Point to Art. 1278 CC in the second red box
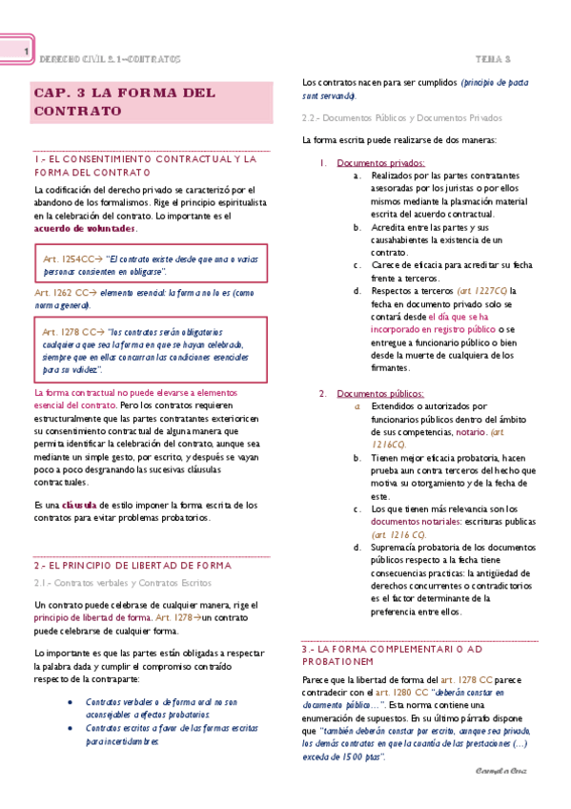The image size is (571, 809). [x=68, y=331]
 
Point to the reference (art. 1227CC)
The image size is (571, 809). [x=482, y=291]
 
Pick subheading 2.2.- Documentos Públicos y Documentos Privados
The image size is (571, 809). [x=395, y=118]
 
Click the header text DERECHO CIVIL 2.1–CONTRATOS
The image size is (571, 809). [x=109, y=59]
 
